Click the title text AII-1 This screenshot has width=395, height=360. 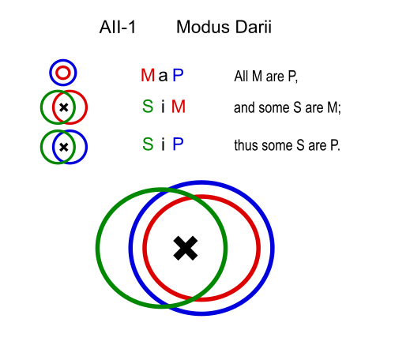tap(118, 27)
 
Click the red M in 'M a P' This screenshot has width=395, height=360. tap(148, 75)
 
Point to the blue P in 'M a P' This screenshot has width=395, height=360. tap(178, 75)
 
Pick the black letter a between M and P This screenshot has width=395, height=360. tap(163, 77)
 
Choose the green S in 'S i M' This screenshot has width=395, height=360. tap(148, 107)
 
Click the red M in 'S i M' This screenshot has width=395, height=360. tap(179, 107)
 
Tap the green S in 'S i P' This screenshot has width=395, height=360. tap(148, 144)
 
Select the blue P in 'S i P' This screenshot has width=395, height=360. tap(178, 144)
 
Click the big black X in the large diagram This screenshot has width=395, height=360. tap(186, 248)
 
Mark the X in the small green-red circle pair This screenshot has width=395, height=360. tap(64, 107)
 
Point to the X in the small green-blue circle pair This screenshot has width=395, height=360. tap(64, 147)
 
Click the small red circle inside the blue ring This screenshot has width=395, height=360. tap(63, 68)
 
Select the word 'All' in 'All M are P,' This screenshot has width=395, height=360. tap(241, 77)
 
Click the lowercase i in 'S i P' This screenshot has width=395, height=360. tap(164, 144)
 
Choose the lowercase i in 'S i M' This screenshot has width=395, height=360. tap(164, 107)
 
